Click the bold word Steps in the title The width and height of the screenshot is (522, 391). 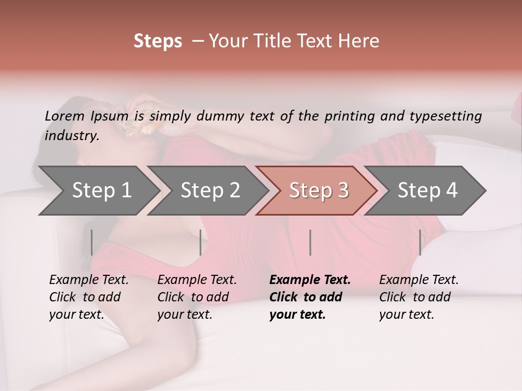(x=158, y=41)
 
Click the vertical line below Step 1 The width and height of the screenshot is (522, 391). (x=92, y=242)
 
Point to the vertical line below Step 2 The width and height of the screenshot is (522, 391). (x=201, y=242)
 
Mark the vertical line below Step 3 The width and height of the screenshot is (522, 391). (x=310, y=242)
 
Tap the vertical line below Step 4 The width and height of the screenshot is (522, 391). (x=420, y=242)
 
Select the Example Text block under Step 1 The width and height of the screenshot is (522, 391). (x=89, y=297)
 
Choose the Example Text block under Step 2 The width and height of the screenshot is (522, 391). (x=197, y=297)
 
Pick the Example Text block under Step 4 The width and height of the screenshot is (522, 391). (x=419, y=297)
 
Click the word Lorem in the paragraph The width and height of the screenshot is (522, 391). (x=65, y=116)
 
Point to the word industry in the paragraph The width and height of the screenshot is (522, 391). (x=71, y=136)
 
